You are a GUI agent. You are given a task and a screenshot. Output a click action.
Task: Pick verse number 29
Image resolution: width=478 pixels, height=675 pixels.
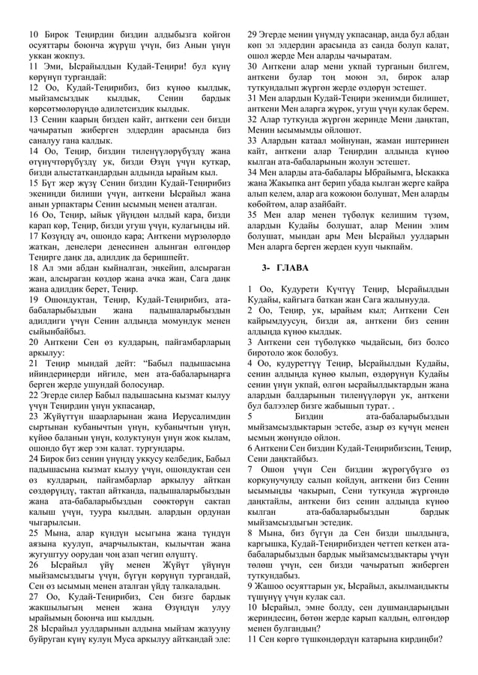[x=252, y=35]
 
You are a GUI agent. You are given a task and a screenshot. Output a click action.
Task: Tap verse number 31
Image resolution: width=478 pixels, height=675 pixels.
[x=252, y=98]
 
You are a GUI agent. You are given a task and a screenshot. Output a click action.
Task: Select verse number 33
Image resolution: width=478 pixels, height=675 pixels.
[x=252, y=140]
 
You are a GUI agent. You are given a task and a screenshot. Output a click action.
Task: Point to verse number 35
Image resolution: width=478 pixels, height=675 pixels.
[x=252, y=213]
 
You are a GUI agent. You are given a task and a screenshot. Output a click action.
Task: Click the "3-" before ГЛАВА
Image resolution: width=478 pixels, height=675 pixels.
[x=266, y=266]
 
